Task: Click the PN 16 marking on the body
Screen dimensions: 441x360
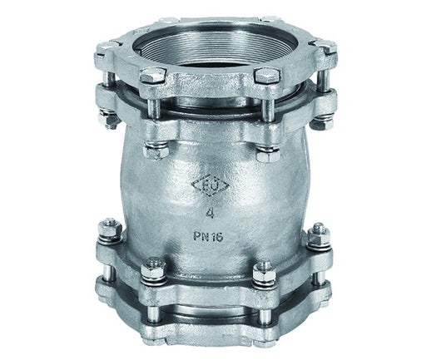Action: point(208,237)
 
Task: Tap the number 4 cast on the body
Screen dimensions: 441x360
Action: point(210,214)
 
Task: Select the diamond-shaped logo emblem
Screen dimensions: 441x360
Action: point(210,185)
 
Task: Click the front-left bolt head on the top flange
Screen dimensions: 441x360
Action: point(152,76)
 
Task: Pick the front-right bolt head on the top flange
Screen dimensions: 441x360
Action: point(267,75)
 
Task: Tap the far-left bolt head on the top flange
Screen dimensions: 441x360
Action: point(106,49)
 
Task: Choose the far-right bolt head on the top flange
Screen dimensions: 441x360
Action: point(325,47)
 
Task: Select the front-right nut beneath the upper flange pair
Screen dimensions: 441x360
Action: point(268,154)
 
